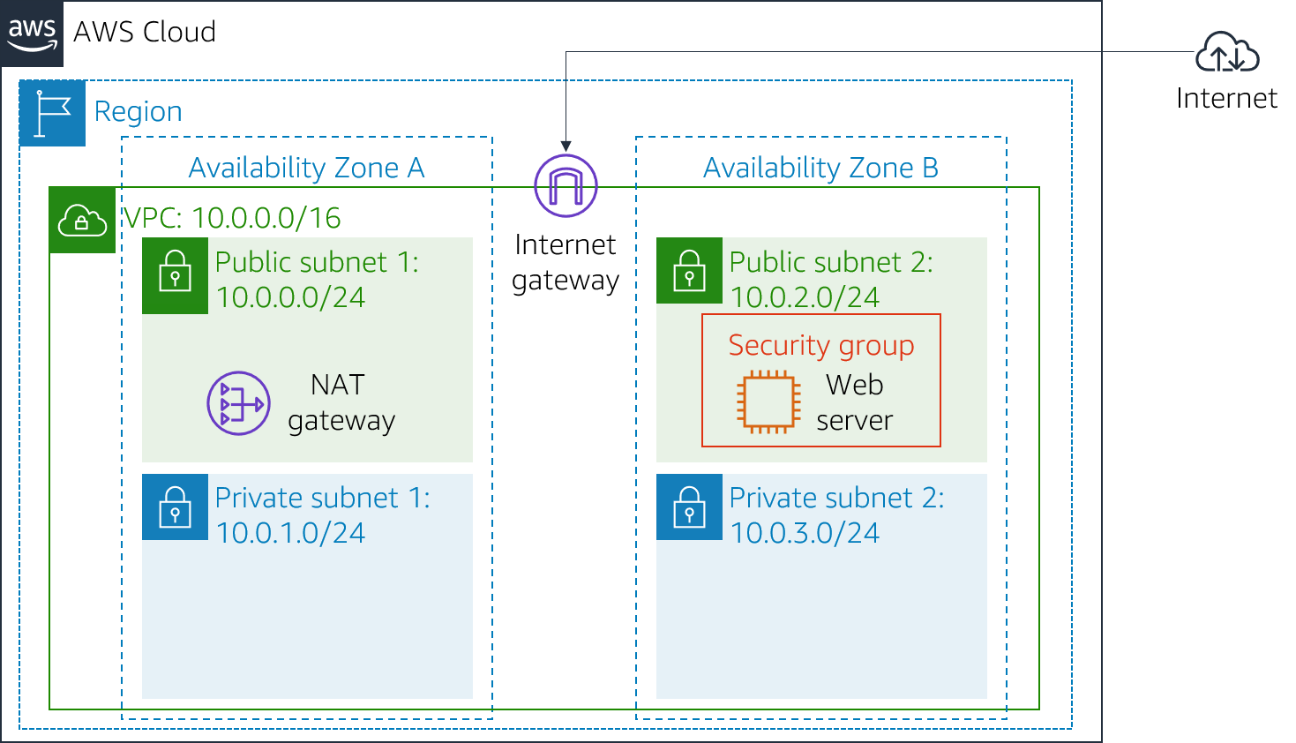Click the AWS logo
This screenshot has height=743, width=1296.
[32, 34]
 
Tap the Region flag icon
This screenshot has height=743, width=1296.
[52, 114]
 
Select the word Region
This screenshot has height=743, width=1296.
[138, 112]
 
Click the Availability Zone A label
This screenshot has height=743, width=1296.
[306, 168]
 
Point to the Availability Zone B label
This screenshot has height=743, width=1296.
[820, 168]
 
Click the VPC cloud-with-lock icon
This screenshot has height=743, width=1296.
[82, 221]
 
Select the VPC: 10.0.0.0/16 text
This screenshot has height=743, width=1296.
[231, 218]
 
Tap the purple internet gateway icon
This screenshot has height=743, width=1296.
[566, 186]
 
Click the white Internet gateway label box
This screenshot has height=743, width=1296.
[566, 263]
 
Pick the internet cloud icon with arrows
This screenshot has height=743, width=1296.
[1227, 52]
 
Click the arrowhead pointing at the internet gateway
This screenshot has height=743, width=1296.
[566, 146]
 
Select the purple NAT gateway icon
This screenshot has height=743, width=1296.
[238, 403]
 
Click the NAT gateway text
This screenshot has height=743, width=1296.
[341, 403]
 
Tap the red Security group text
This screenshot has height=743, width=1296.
[821, 345]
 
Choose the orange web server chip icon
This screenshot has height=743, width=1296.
[768, 402]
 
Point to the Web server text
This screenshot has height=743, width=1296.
[854, 403]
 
